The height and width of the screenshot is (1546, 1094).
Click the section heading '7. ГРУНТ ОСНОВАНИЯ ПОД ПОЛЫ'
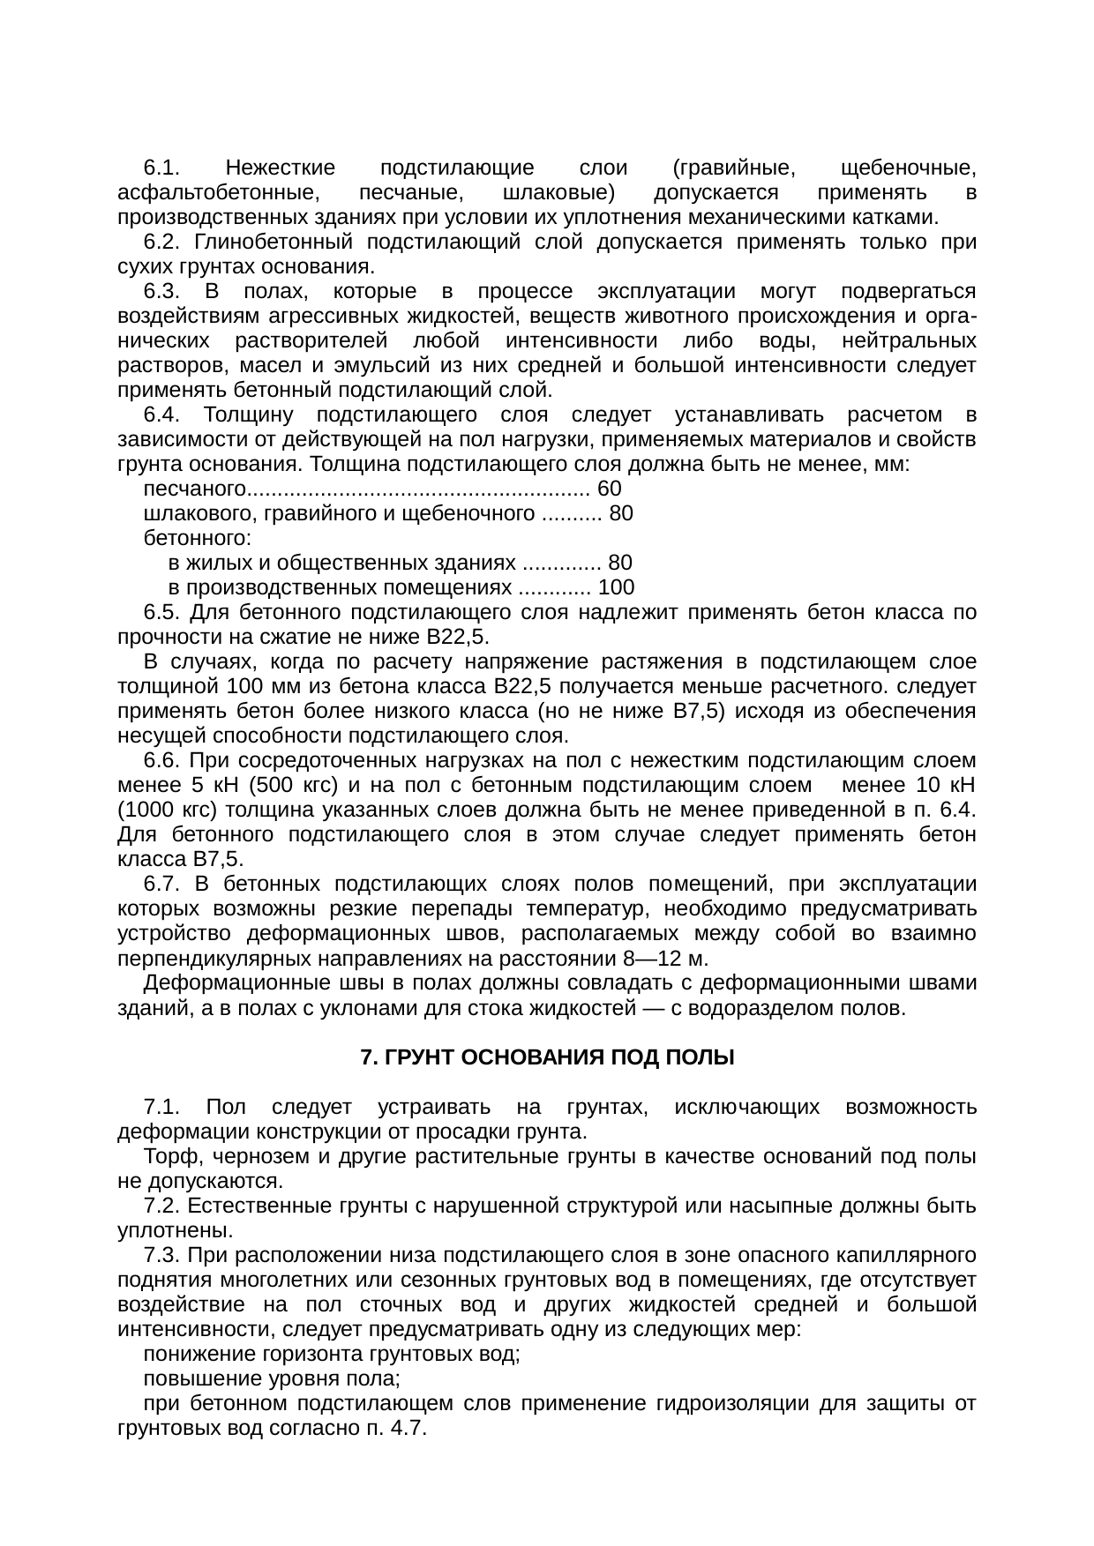[x=547, y=1057]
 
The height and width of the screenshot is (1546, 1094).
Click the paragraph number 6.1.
[x=162, y=168]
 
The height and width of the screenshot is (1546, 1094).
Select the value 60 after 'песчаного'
[x=610, y=489]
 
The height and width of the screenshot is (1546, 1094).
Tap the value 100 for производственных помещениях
[x=616, y=587]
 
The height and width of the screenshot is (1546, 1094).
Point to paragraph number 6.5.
[x=162, y=612]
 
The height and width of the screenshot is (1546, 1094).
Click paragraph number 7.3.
[x=162, y=1254]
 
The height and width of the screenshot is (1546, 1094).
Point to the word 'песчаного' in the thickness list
[x=193, y=489]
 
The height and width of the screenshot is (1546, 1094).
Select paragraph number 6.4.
[x=162, y=415]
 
